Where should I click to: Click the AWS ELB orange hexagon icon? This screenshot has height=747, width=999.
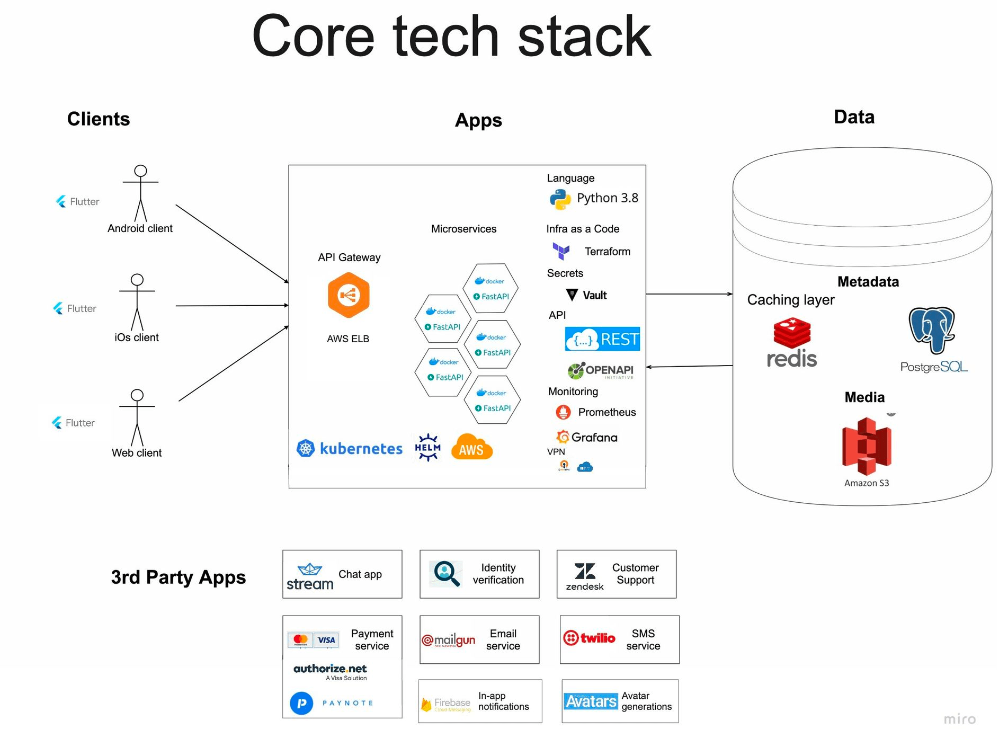point(348,295)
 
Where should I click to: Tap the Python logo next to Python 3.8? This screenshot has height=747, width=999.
point(560,199)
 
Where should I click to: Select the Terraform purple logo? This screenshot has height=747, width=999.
point(561,251)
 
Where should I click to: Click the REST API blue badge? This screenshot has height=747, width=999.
point(602,339)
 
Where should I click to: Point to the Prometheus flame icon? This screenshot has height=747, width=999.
point(563,412)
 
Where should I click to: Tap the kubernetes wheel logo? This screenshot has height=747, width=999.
point(306,449)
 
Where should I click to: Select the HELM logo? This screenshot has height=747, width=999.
point(427,448)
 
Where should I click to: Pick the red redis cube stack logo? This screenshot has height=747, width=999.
point(791,333)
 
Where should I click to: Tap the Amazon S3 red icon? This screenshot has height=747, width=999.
point(867,446)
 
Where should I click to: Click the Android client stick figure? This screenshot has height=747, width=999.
point(140,193)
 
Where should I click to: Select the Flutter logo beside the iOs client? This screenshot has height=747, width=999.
point(58,308)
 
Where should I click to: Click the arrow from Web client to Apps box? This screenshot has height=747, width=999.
point(234,363)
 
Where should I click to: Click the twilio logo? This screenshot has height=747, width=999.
point(589,638)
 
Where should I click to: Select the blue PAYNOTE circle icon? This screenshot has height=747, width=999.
point(301,703)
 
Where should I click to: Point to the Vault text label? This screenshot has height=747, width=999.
point(594,296)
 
